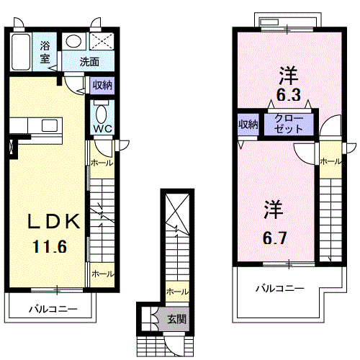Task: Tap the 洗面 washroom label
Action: coord(89,61)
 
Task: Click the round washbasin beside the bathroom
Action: coord(72,42)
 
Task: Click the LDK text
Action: coord(48,221)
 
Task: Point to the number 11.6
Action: coord(49,247)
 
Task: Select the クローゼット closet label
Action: coord(289,124)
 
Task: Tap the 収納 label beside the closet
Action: coord(248,124)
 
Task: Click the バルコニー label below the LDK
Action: coord(53,309)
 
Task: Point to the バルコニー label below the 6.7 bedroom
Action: coord(280,288)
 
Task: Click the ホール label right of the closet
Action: coord(330,161)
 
